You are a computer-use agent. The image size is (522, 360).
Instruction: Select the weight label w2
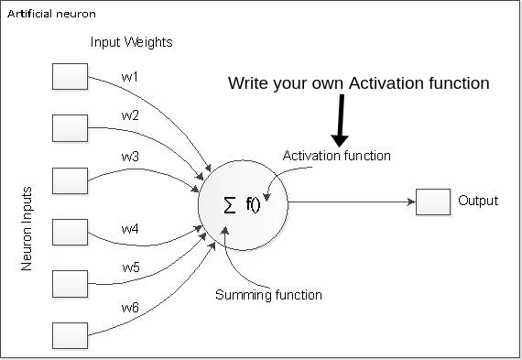tap(130, 115)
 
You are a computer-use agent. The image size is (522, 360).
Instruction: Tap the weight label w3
tap(130, 157)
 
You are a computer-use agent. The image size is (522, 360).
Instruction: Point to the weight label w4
tap(130, 228)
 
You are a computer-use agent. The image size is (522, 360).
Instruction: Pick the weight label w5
tap(130, 267)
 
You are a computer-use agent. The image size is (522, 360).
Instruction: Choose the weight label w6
tap(130, 308)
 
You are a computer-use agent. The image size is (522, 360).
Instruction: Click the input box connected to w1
tap(70, 76)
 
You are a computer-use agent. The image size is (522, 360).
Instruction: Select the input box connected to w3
tap(70, 179)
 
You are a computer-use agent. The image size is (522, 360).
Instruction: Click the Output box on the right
tap(432, 202)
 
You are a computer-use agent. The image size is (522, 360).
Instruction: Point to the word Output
tap(478, 201)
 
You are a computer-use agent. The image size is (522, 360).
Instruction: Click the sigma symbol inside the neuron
tap(229, 204)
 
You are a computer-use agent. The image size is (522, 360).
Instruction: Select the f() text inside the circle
tap(254, 204)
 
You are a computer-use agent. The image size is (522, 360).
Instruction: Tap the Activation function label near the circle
tap(337, 156)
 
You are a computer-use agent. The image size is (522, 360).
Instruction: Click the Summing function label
tap(268, 295)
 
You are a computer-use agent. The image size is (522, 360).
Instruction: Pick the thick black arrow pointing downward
tap(341, 119)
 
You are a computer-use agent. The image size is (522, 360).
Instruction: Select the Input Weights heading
tap(131, 43)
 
